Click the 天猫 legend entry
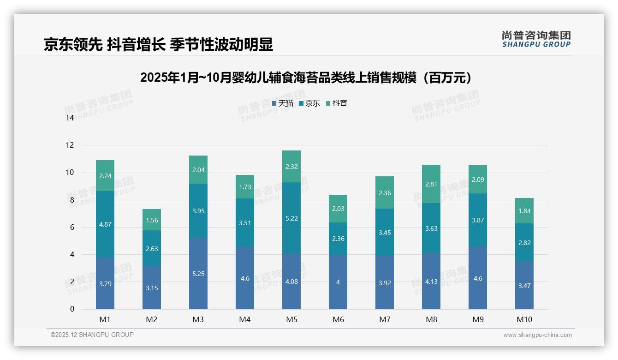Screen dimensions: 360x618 tap(282, 103)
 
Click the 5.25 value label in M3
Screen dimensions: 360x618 tap(198, 274)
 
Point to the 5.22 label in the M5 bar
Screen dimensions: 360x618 tap(291, 218)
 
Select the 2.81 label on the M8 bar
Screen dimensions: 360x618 tap(431, 184)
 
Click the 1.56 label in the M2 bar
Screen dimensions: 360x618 tap(152, 220)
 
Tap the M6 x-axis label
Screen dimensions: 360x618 tap(338, 319)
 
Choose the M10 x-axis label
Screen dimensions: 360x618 tap(524, 319)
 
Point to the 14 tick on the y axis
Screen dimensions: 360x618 tap(70, 118)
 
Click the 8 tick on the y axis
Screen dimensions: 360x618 tap(71, 200)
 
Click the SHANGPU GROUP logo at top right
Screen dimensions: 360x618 tap(536, 39)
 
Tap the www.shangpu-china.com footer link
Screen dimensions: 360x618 tap(537, 335)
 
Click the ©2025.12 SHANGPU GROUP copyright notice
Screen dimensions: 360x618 tap(92, 335)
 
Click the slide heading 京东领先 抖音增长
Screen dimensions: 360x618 tap(158, 44)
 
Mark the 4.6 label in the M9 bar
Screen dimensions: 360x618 tap(478, 278)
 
